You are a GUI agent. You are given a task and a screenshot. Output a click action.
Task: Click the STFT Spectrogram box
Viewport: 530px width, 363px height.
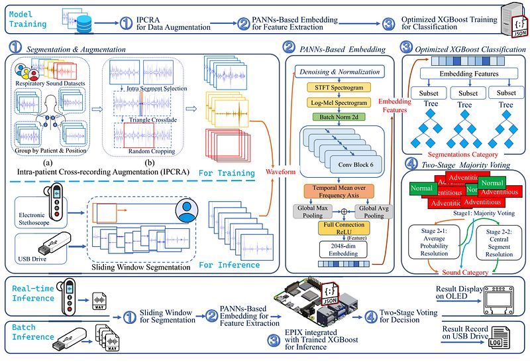click(x=339, y=88)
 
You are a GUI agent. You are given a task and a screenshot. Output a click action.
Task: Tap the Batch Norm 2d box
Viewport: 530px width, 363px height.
click(x=339, y=117)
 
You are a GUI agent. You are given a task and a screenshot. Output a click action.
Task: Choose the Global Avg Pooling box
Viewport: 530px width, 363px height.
click(x=371, y=212)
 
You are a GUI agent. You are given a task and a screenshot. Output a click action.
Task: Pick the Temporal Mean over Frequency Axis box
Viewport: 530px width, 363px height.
click(x=339, y=192)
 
